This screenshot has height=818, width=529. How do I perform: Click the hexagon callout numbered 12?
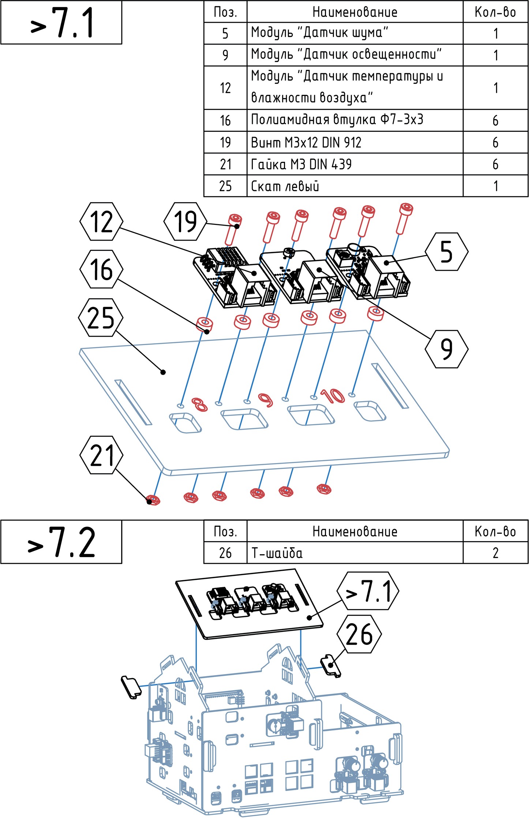[101, 222]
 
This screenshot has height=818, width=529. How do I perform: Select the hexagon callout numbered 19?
[185, 222]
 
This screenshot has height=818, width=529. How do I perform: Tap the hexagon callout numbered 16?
[101, 269]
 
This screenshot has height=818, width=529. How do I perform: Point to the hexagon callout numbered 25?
[101, 318]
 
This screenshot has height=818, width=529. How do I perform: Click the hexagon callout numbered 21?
[101, 455]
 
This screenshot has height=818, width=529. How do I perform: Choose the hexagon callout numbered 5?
[446, 252]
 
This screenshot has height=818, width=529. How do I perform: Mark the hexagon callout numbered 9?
[446, 349]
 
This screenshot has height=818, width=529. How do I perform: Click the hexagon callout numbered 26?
[359, 634]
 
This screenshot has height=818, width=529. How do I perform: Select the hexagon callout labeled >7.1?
[368, 591]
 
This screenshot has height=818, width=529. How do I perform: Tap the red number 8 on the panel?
[200, 404]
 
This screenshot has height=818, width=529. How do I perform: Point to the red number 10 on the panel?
[332, 396]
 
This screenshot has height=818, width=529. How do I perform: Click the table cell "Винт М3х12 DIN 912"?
[355, 142]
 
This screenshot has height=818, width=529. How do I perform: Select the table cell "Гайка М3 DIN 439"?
[355, 164]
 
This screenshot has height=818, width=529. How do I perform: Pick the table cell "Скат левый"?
[355, 186]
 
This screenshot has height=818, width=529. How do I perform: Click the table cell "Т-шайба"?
[355, 553]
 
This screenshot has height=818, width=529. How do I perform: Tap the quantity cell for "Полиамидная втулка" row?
[495, 121]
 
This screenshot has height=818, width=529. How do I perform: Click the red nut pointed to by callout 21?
[153, 500]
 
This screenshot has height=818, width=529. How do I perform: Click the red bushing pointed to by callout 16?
[205, 324]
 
